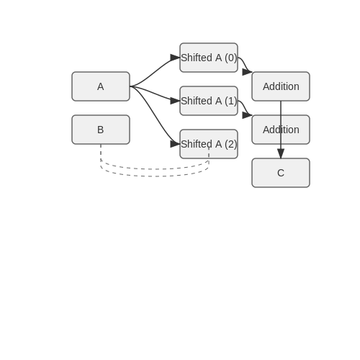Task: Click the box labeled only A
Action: click(101, 86)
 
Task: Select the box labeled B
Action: click(101, 130)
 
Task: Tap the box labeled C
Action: click(281, 173)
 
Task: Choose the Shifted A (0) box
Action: click(209, 58)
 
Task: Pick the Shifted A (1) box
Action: click(209, 101)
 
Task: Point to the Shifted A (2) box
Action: click(209, 144)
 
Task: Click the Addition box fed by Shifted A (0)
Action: click(281, 86)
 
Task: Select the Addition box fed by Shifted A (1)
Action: click(281, 130)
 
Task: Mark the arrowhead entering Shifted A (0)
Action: click(175, 58)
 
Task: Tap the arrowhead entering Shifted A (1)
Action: click(175, 101)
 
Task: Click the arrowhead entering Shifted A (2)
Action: click(175, 144)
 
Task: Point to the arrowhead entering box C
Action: click(281, 153)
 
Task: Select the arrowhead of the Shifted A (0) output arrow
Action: click(247, 72)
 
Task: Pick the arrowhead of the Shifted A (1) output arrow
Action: click(247, 115)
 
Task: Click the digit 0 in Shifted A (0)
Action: click(231, 58)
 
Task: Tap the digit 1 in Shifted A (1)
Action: click(231, 101)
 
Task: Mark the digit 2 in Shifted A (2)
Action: click(231, 144)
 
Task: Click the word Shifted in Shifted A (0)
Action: click(197, 58)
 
